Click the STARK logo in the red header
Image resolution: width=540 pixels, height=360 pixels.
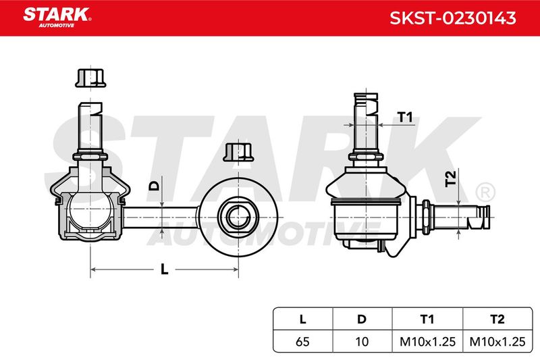click(57, 17)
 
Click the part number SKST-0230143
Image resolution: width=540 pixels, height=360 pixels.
click(452, 18)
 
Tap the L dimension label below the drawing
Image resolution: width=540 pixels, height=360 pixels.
click(165, 269)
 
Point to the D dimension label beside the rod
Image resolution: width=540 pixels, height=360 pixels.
click(155, 186)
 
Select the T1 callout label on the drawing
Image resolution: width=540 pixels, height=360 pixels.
click(405, 117)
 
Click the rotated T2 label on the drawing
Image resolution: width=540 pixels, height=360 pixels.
click(450, 178)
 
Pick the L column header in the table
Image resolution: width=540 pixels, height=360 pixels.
click(302, 319)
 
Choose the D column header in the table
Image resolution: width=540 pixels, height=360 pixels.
click(362, 319)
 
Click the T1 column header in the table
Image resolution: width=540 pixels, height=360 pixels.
click(427, 319)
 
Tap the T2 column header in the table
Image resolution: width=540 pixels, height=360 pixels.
click(497, 319)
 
